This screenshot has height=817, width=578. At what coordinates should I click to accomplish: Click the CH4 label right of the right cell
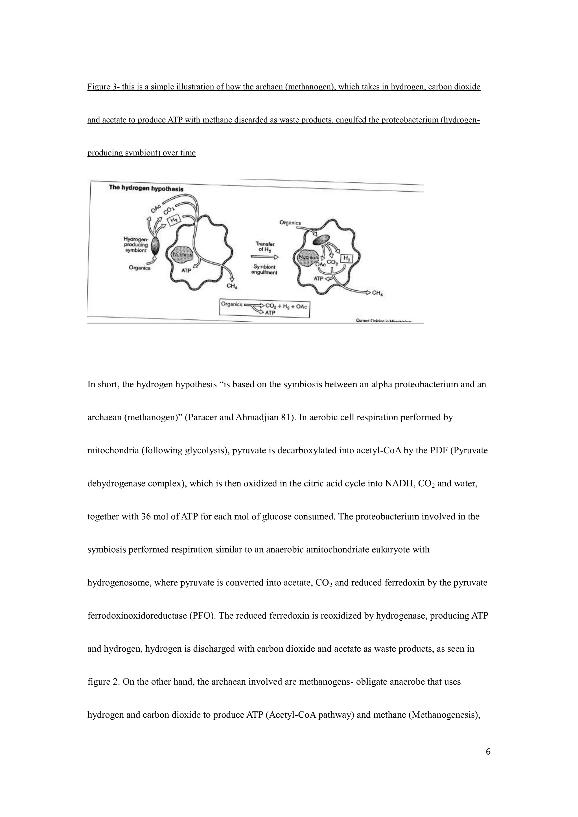378,293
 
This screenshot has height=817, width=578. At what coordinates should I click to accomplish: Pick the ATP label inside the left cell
186,271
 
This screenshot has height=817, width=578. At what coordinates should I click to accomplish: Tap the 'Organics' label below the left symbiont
139,268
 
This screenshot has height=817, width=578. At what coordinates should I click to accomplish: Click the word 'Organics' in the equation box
232,304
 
